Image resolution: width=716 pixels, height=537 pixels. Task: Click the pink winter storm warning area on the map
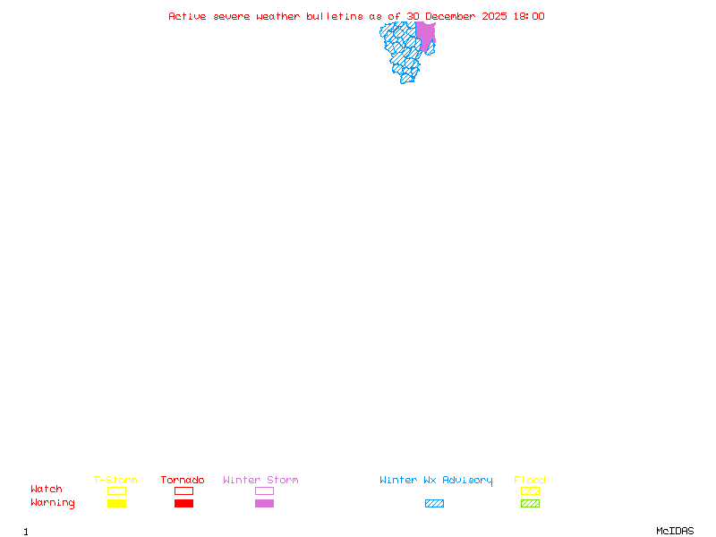pyautogui.click(x=425, y=34)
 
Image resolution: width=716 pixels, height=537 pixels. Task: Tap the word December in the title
pyautogui.click(x=454, y=16)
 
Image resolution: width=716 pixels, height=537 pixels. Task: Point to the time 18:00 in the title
pyautogui.click(x=528, y=16)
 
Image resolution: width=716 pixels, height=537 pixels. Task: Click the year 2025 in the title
pyautogui.click(x=497, y=16)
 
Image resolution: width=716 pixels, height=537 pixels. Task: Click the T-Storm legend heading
pyautogui.click(x=115, y=481)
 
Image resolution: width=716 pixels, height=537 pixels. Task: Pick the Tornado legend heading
pyautogui.click(x=183, y=481)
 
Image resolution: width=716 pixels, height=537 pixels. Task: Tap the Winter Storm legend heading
pyautogui.click(x=260, y=481)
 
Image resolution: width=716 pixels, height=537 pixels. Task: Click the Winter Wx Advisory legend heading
pyautogui.click(x=436, y=481)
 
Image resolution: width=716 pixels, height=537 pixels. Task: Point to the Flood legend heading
pyautogui.click(x=530, y=481)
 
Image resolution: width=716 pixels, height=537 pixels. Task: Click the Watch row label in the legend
pyautogui.click(x=47, y=490)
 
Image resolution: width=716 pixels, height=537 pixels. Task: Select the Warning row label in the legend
pyautogui.click(x=53, y=503)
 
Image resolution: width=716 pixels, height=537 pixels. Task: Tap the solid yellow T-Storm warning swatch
pyautogui.click(x=116, y=504)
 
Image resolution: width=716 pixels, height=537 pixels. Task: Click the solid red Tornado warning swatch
pyautogui.click(x=183, y=504)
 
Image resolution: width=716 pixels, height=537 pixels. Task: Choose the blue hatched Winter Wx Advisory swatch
pyautogui.click(x=434, y=504)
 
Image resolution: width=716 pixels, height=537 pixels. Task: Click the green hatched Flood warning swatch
pyautogui.click(x=530, y=504)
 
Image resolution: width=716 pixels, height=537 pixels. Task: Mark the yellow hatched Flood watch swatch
pyautogui.click(x=530, y=491)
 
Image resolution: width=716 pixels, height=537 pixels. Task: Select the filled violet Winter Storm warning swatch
pyautogui.click(x=264, y=504)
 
